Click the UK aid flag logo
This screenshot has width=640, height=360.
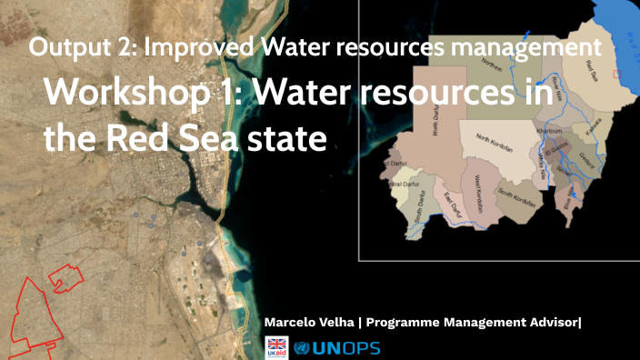pyautogui.click(x=275, y=346)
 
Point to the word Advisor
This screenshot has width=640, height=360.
pyautogui.click(x=547, y=323)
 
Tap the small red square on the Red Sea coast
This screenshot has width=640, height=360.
pyautogui.click(x=617, y=74)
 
